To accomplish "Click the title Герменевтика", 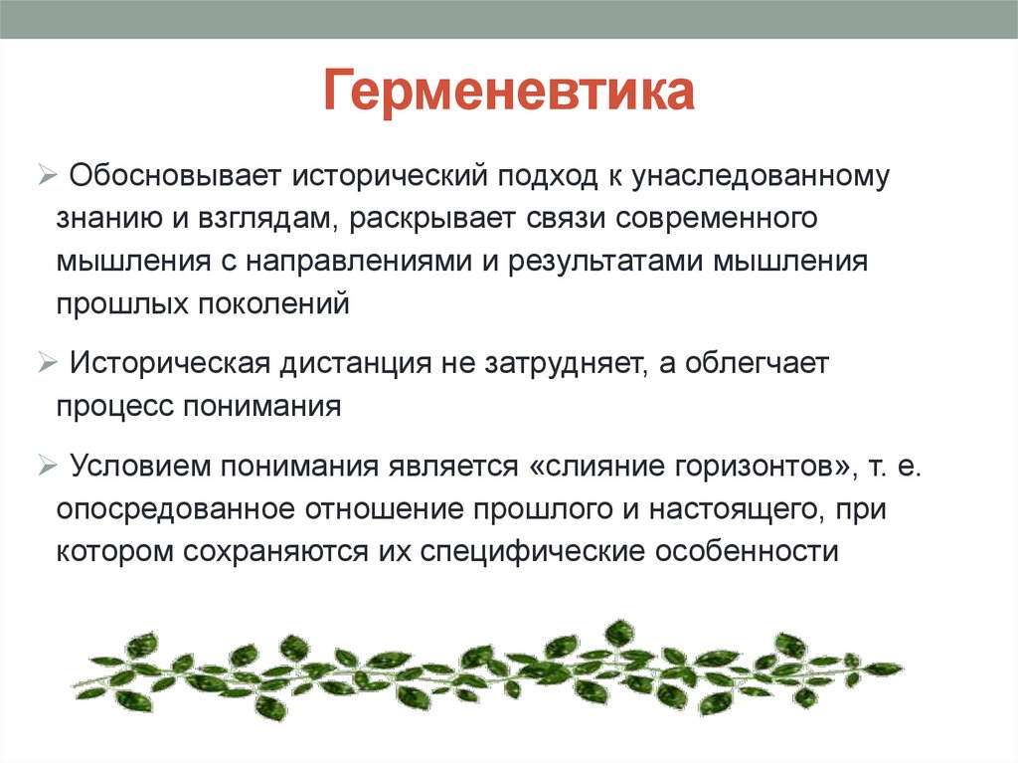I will point(508,93).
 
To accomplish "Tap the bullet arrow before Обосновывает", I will point(49,176).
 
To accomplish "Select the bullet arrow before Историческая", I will point(49,364).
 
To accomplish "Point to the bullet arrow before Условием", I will point(49,466).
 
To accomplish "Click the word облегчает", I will point(753,364).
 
